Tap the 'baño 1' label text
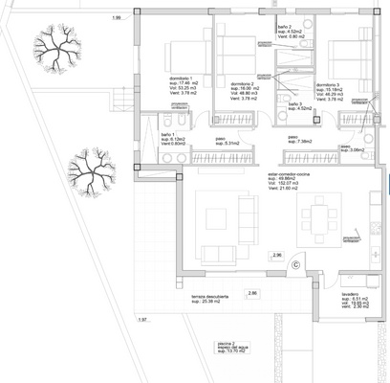tap(166, 134)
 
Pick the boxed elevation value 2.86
tap(252, 293)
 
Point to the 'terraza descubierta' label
tap(211, 297)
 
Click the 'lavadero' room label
tap(348, 293)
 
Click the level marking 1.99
tap(117, 18)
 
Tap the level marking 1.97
tap(142, 319)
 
